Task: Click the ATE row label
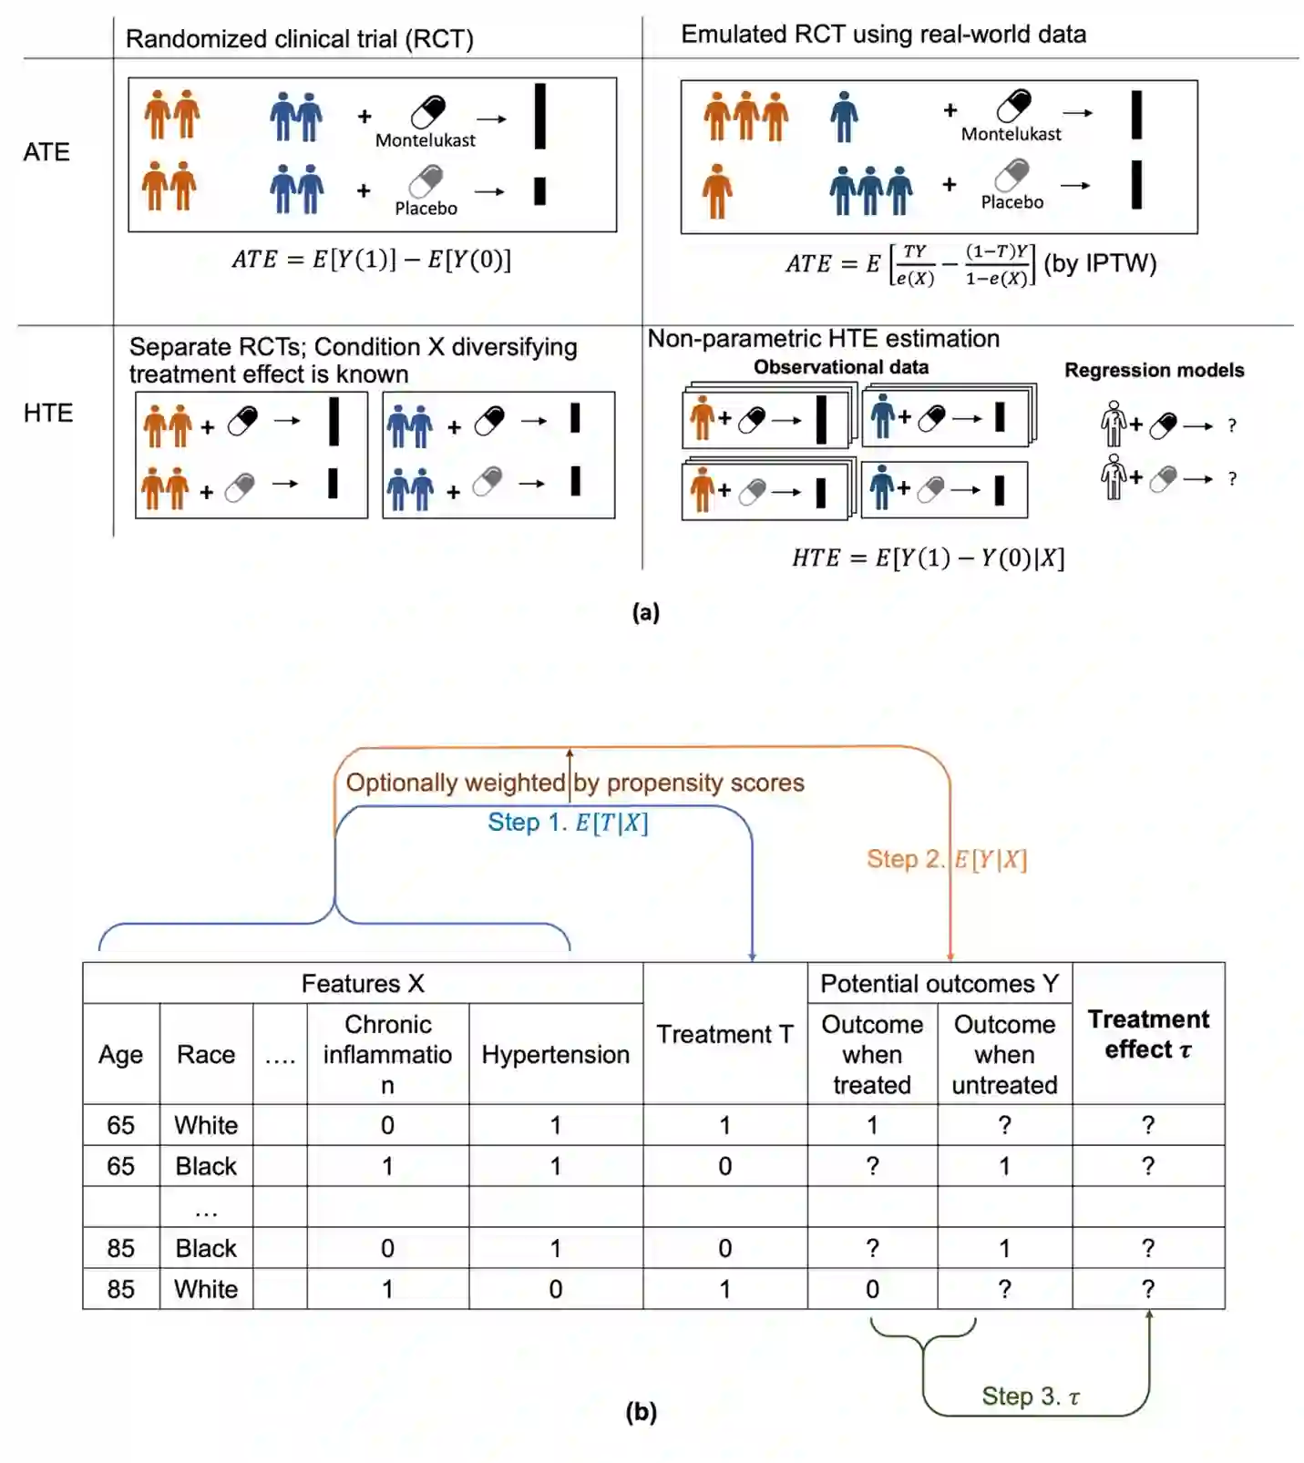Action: (x=46, y=151)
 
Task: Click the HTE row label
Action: (x=48, y=413)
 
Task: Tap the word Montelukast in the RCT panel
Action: (x=425, y=140)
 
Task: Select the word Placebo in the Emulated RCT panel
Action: (x=1011, y=202)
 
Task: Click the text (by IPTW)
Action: (x=1100, y=263)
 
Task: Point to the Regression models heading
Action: (x=1154, y=370)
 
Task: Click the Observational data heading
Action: (x=840, y=367)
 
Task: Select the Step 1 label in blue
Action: (x=568, y=823)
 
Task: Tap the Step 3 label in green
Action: (x=1030, y=1396)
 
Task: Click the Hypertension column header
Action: (x=555, y=1054)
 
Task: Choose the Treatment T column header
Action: (x=724, y=1034)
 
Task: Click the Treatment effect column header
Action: (x=1147, y=1034)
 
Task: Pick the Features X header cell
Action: (x=363, y=984)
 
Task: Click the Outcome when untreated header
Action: (x=1004, y=1054)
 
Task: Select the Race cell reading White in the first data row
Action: (x=206, y=1125)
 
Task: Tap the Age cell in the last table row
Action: (x=120, y=1289)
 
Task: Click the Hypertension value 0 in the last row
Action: (x=555, y=1289)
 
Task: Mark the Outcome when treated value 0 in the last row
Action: (x=872, y=1289)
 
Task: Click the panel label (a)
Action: (x=645, y=612)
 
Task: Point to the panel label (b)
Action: (x=641, y=1411)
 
